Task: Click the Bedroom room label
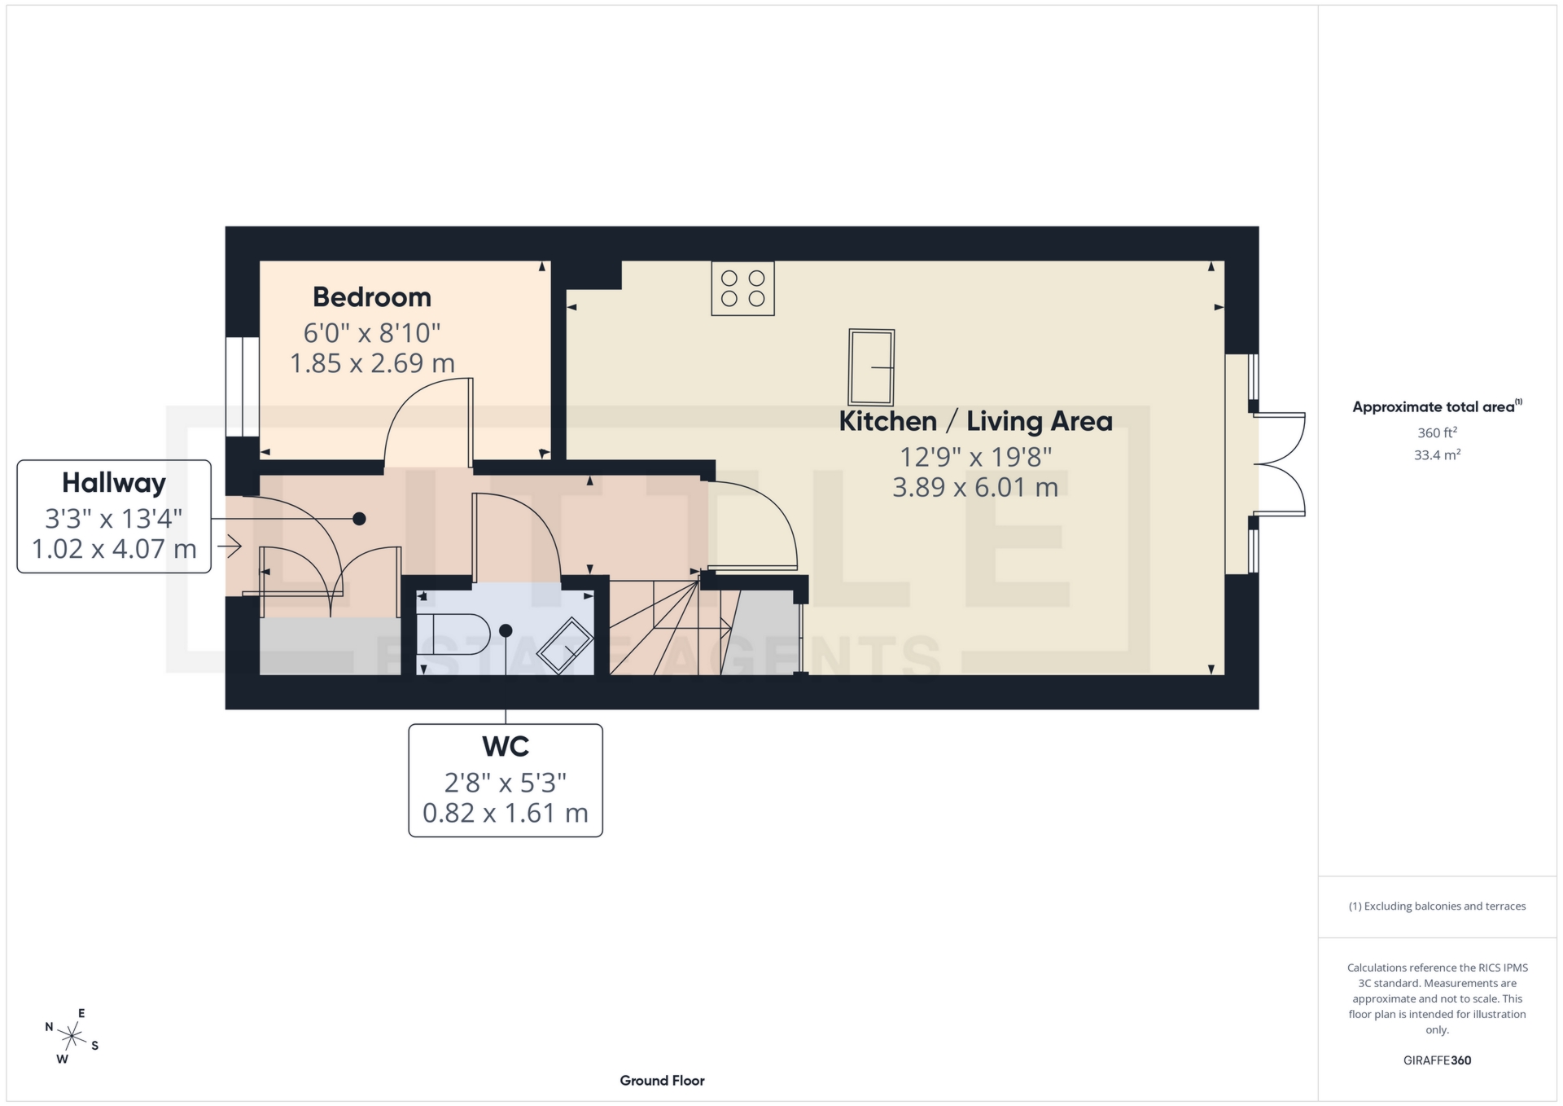pyautogui.click(x=372, y=297)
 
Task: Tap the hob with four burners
pyautogui.click(x=742, y=288)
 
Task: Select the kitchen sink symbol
pyautogui.click(x=871, y=367)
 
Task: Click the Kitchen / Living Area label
pyautogui.click(x=975, y=421)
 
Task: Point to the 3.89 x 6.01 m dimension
pyautogui.click(x=975, y=487)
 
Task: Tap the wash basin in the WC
pyautogui.click(x=565, y=646)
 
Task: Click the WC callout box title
pyautogui.click(x=506, y=746)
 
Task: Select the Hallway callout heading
pyautogui.click(x=114, y=483)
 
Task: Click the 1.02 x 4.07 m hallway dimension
pyautogui.click(x=114, y=549)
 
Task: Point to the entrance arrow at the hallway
pyautogui.click(x=230, y=546)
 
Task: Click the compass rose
pyautogui.click(x=72, y=1037)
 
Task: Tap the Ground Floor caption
pyautogui.click(x=662, y=1081)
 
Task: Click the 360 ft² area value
pyautogui.click(x=1437, y=432)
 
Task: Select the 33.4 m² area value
pyautogui.click(x=1437, y=454)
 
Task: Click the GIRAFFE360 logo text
pyautogui.click(x=1437, y=1060)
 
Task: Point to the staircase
pyautogui.click(x=668, y=627)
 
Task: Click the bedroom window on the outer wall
pyautogui.click(x=242, y=387)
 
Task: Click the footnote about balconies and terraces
pyautogui.click(x=1437, y=906)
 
